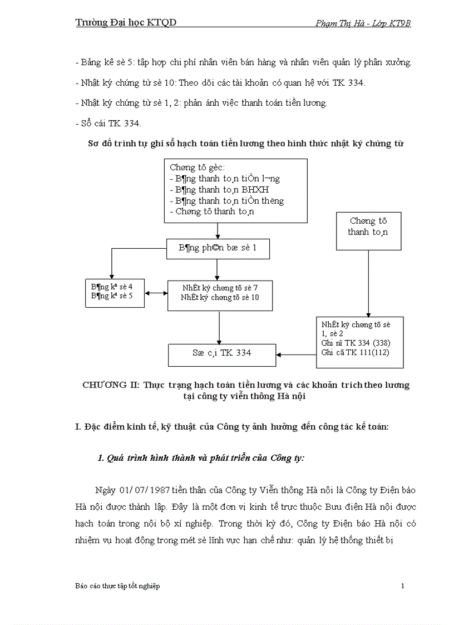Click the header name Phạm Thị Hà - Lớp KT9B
point(363,23)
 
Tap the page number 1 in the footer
point(402,586)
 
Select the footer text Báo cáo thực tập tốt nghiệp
point(117,586)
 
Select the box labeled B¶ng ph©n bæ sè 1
point(218,248)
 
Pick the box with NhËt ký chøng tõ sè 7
point(220,295)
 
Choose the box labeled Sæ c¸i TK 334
point(222,355)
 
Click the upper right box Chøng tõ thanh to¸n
point(368,230)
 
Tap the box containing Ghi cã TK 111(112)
point(359,342)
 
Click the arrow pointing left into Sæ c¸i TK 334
point(296,354)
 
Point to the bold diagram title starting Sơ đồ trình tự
point(246,143)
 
